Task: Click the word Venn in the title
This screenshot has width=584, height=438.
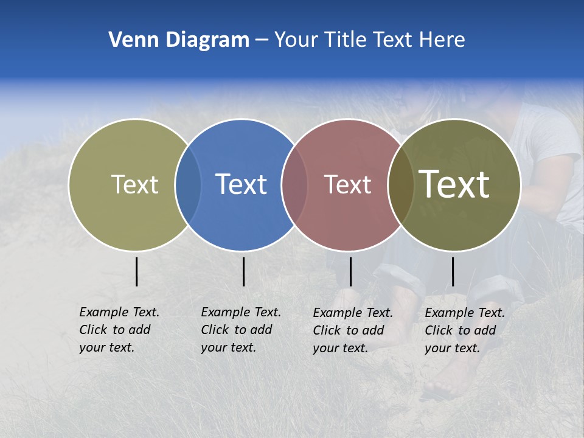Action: pos(128,40)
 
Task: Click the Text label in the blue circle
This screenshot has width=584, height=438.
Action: pos(241,184)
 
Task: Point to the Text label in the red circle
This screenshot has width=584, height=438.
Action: pos(347,184)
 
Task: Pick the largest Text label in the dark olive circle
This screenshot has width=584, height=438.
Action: pos(454,184)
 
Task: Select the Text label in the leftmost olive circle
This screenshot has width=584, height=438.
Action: pos(134,184)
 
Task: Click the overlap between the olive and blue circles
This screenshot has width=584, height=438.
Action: pos(188,184)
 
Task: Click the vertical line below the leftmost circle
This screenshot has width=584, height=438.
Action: pos(136,271)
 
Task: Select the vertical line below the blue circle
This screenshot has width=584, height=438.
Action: pos(243,271)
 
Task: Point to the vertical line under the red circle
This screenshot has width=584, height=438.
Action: pos(350,271)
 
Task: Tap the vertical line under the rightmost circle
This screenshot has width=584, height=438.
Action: pos(453,271)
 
